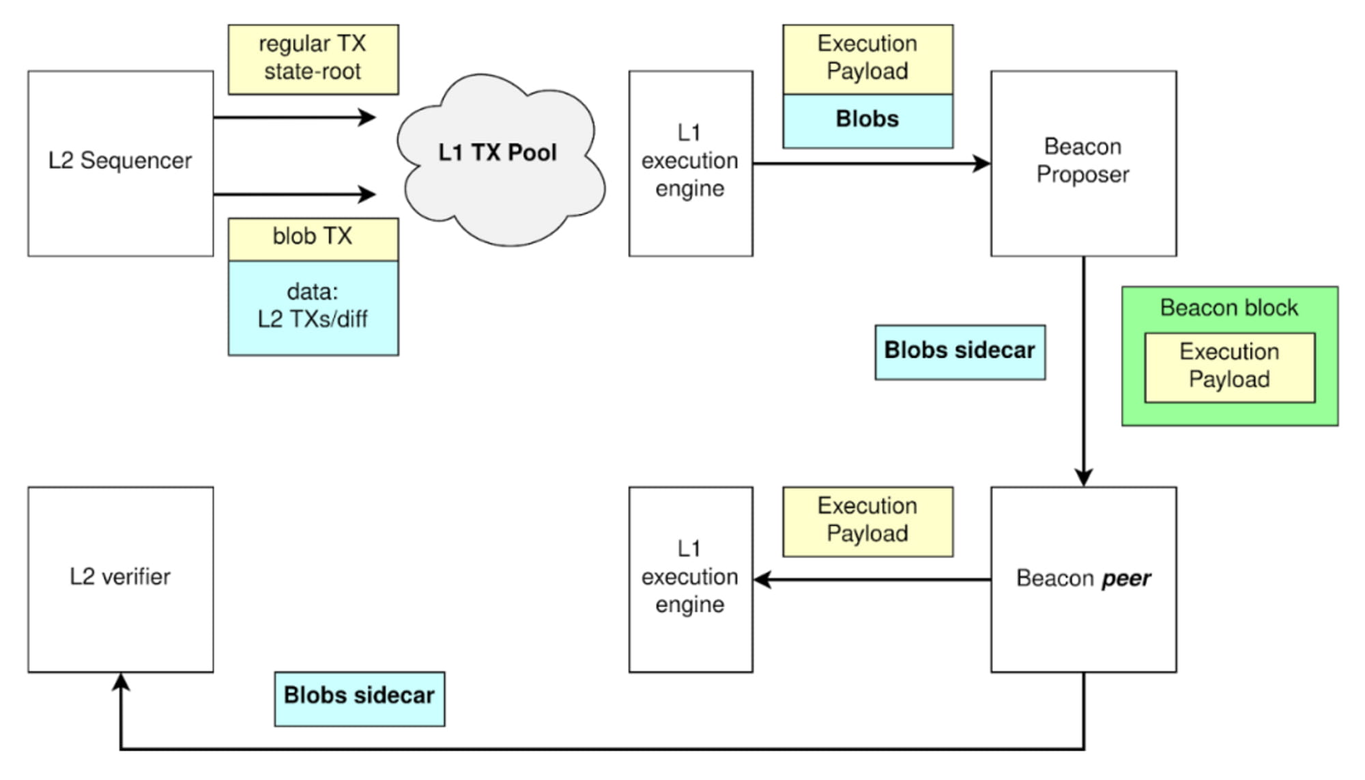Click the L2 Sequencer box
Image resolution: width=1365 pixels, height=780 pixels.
120,163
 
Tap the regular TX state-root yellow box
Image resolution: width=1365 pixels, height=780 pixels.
313,59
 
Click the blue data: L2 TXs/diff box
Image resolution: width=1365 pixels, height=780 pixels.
313,307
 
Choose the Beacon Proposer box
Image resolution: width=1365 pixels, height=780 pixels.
1083,163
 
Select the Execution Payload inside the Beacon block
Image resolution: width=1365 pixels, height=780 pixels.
1229,367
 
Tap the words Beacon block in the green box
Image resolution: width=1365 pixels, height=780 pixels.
1229,308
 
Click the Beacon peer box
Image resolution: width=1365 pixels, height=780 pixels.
1083,579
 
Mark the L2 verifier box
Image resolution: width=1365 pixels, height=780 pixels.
120,579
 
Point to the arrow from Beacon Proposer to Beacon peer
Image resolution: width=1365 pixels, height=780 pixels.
1083,369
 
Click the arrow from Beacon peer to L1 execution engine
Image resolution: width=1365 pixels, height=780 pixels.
874,579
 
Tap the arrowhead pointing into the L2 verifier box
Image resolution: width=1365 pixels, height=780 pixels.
121,681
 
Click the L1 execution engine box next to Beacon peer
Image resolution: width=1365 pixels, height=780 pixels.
690,579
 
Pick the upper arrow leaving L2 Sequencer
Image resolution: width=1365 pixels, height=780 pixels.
293,117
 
